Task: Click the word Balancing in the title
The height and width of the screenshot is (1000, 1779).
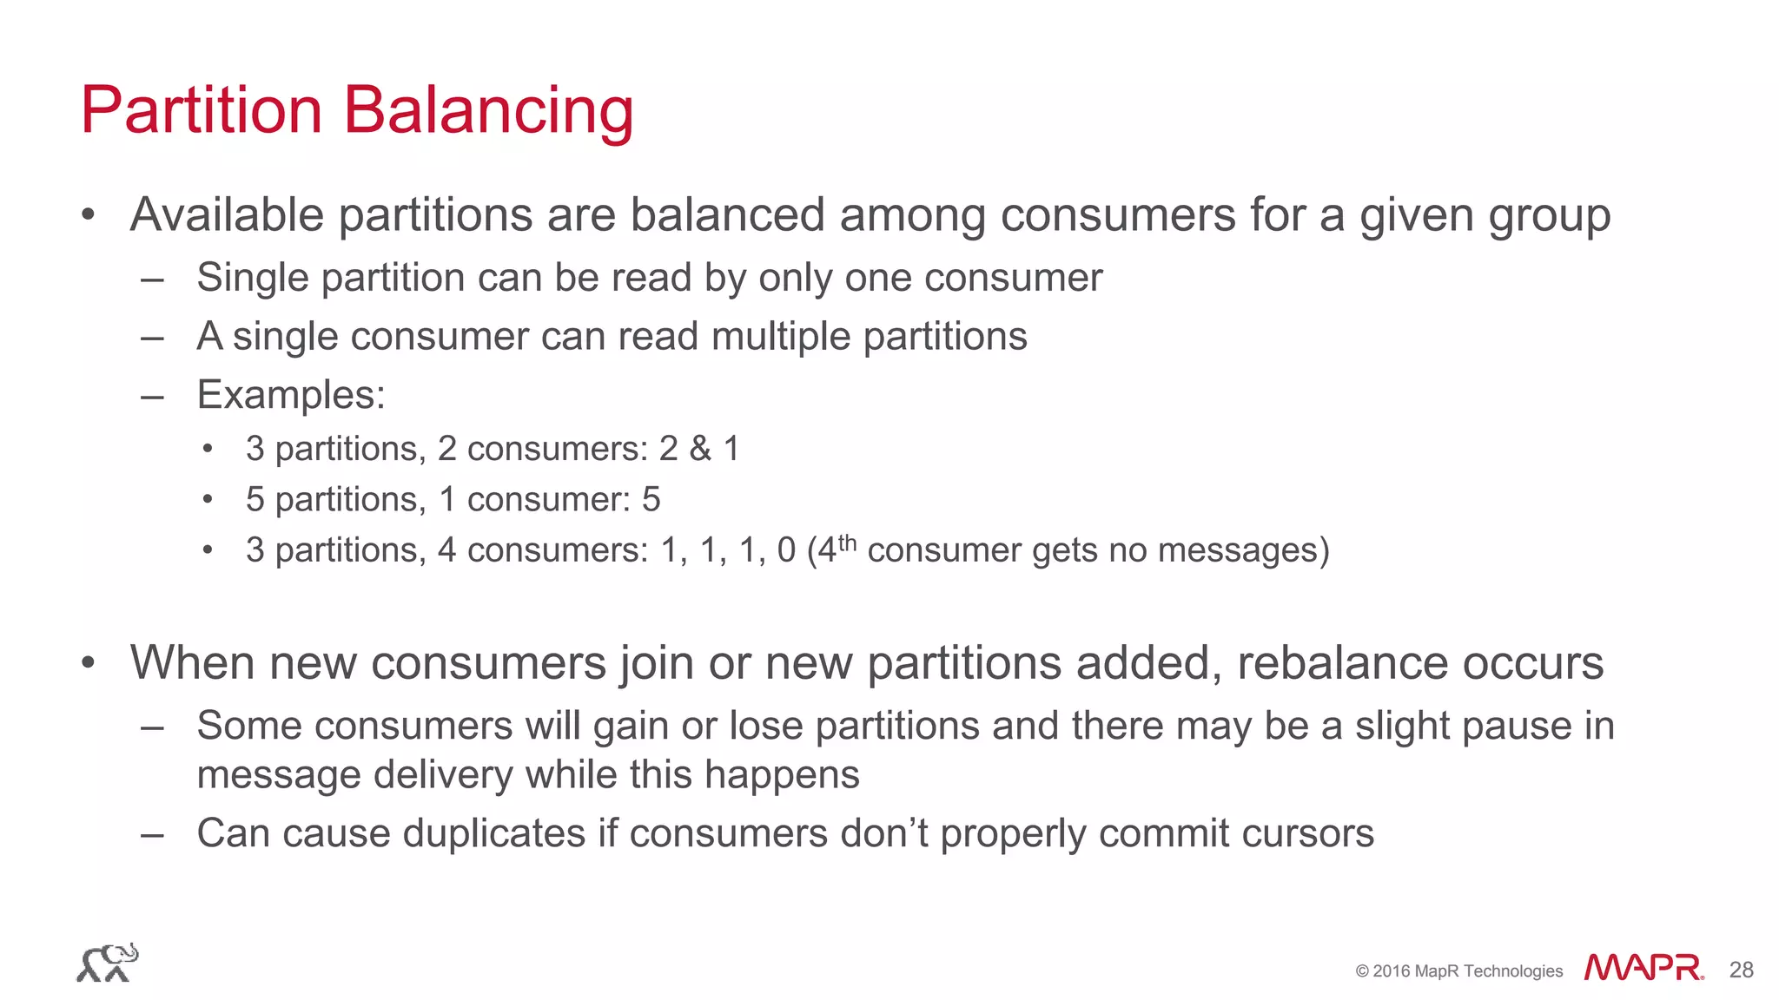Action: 488,111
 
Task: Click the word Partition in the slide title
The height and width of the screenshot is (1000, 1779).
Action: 202,111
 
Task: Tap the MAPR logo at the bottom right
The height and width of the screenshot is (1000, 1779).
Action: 1643,968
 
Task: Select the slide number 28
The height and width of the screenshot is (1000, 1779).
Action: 1741,970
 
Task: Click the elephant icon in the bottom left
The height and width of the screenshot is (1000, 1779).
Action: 108,963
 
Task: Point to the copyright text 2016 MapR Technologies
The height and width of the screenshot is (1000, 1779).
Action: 1458,971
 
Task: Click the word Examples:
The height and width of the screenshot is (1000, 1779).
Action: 291,395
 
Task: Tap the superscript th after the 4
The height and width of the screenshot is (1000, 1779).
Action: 847,543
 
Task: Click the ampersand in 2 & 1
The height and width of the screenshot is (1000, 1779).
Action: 700,449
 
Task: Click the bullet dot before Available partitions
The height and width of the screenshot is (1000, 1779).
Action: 88,214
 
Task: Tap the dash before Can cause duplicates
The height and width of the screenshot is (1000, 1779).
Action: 152,834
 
